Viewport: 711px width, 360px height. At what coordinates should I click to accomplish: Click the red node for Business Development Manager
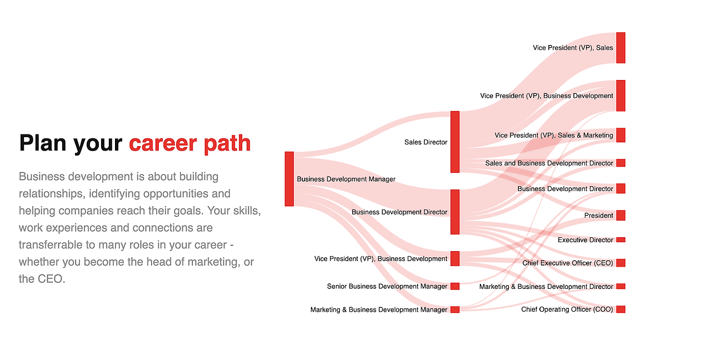pos(289,179)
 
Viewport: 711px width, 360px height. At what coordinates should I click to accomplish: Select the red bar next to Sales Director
pos(455,142)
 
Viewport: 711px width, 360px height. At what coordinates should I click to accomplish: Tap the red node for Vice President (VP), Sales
pos(620,48)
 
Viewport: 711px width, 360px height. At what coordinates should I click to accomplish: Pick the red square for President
pos(620,216)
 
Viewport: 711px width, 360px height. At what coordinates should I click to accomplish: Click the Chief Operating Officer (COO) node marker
pos(620,309)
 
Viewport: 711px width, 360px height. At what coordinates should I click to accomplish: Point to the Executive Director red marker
pos(620,240)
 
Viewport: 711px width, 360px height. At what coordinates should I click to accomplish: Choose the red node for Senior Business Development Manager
pos(455,286)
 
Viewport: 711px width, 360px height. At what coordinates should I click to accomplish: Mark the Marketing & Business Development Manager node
pos(455,309)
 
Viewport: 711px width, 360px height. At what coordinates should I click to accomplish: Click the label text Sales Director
pos(425,142)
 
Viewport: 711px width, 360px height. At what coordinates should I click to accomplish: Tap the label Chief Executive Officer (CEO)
pos(568,263)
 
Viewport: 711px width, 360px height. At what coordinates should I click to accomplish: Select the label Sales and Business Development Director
pos(549,163)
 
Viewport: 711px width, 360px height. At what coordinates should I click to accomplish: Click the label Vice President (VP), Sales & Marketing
pos(554,136)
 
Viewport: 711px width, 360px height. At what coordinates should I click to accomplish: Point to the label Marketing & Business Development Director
pos(546,287)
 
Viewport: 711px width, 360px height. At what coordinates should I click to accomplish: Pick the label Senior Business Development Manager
pos(387,287)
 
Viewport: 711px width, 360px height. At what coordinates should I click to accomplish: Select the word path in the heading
pos(227,143)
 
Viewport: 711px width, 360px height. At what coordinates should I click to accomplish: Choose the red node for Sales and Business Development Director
pos(620,163)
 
